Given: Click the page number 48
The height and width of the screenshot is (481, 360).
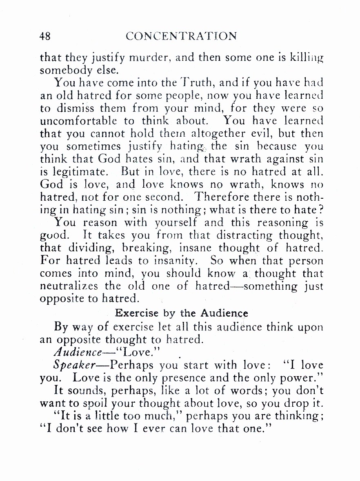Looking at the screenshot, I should coord(45,36).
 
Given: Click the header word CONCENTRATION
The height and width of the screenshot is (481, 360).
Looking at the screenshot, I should coord(181,36).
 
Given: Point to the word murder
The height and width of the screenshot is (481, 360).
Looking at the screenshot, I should coord(138,58).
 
